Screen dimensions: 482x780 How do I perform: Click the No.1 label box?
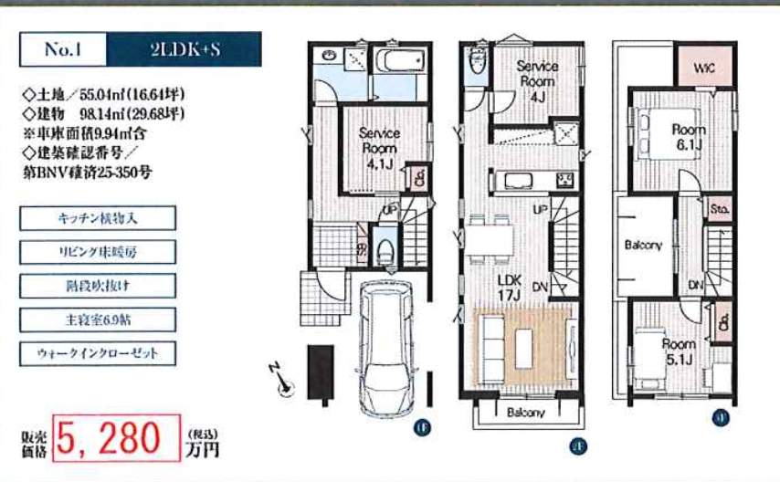click(63, 50)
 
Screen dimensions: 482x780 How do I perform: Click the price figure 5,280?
click(115, 439)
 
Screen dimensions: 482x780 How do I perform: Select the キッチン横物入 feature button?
click(97, 218)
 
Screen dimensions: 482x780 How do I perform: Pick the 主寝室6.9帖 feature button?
click(97, 319)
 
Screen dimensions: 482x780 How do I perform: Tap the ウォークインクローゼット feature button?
click(97, 352)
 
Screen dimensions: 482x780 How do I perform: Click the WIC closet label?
click(703, 68)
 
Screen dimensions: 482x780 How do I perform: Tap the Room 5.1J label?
click(679, 351)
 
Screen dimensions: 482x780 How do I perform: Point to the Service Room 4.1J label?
click(378, 148)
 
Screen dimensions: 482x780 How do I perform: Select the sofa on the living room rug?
click(490, 346)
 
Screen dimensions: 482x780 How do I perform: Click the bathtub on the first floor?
click(399, 65)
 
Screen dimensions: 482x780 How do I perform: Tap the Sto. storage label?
click(718, 208)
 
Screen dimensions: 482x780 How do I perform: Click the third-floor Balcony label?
click(643, 246)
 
